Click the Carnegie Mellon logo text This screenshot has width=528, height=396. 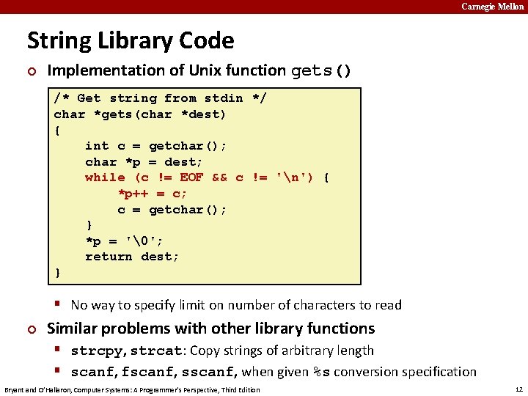492,7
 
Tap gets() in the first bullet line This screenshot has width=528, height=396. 321,71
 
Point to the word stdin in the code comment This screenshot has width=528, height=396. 224,98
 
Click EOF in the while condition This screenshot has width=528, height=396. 191,177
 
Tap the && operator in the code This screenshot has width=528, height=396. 219,177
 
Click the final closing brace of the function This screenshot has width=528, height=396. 58,273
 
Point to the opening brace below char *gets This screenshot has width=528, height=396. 58,130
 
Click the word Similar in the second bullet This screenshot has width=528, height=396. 73,329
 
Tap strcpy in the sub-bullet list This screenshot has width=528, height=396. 93,351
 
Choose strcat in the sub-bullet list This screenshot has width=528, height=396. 153,351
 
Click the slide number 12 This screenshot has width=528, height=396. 518,389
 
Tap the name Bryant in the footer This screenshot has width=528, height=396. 16,389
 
